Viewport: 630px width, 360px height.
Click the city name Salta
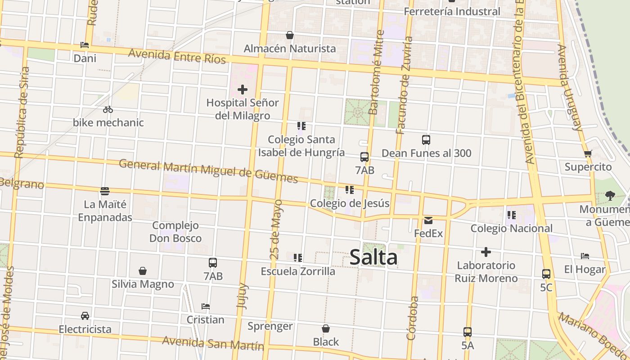pyautogui.click(x=373, y=257)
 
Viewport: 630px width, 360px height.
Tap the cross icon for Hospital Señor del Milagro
pyautogui.click(x=243, y=90)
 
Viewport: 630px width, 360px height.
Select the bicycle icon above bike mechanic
pyautogui.click(x=108, y=109)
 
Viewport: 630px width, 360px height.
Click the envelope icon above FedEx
pyautogui.click(x=428, y=220)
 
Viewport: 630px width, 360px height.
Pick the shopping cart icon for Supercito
pyautogui.click(x=588, y=154)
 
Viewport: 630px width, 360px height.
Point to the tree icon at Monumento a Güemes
pyautogui.click(x=610, y=195)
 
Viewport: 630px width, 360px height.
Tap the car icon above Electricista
pyautogui.click(x=85, y=316)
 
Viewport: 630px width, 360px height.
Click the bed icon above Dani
pyautogui.click(x=85, y=45)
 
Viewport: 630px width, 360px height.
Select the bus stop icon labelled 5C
pyautogui.click(x=546, y=274)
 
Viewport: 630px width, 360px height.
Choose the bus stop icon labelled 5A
pyautogui.click(x=468, y=332)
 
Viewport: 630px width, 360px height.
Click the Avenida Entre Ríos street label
pyautogui.click(x=177, y=56)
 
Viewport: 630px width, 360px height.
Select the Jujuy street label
pyautogui.click(x=242, y=296)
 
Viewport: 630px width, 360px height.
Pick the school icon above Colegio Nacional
pyautogui.click(x=511, y=215)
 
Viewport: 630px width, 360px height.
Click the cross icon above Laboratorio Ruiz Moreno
pyautogui.click(x=486, y=252)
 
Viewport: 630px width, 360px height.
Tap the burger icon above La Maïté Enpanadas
pyautogui.click(x=105, y=191)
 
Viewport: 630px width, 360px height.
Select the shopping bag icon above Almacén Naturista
pyautogui.click(x=290, y=35)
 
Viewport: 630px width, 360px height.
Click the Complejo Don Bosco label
pyautogui.click(x=175, y=232)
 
